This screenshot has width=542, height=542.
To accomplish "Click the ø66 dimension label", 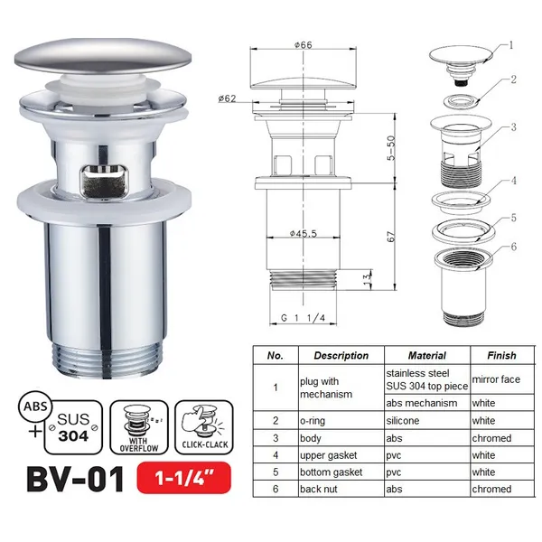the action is [x=304, y=45].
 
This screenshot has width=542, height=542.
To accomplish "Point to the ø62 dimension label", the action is [x=227, y=98].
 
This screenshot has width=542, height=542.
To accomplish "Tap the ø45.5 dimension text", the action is [x=304, y=234].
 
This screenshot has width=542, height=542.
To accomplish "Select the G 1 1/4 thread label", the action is [x=303, y=318].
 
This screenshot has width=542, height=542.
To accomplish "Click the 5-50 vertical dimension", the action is [x=391, y=148].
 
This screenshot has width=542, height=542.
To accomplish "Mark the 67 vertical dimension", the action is [x=391, y=237].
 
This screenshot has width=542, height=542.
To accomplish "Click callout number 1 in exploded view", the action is [x=511, y=45].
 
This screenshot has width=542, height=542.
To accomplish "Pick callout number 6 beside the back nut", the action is [x=514, y=247].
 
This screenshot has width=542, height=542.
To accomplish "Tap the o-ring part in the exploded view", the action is [x=462, y=101].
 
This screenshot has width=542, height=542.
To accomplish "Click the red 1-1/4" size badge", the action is [x=184, y=478].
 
